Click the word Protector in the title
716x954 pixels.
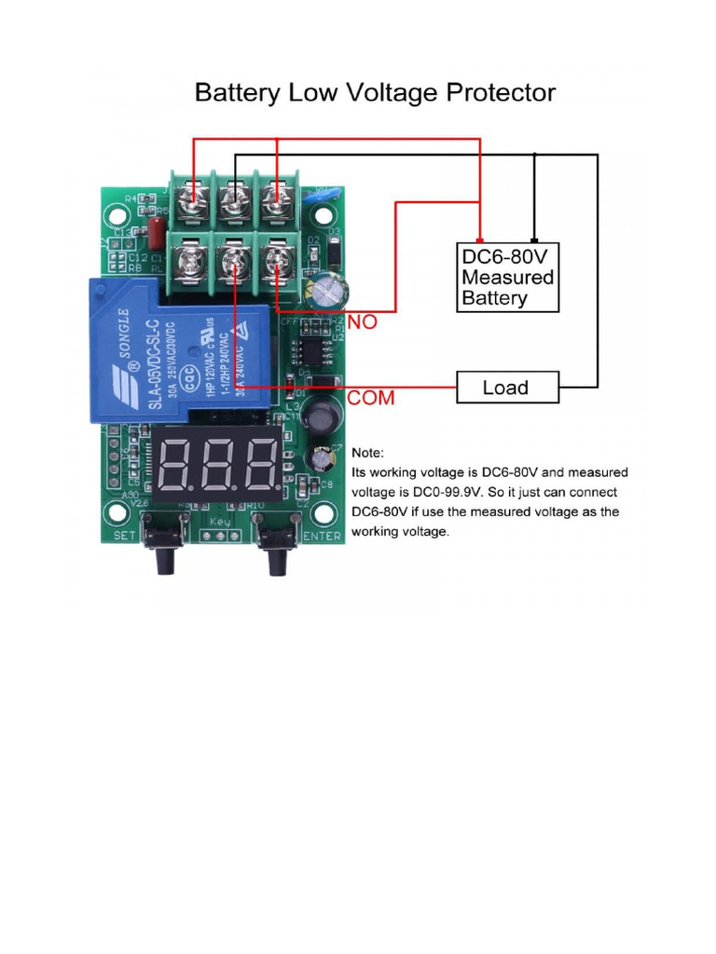point(489,93)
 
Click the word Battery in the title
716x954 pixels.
point(236,93)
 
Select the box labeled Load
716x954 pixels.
point(506,387)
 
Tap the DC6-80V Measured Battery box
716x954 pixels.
point(508,277)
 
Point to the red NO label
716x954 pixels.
point(363,322)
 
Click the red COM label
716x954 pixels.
point(371,398)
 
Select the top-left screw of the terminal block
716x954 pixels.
point(193,198)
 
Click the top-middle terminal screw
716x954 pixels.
point(235,198)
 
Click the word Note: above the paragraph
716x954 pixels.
point(367,454)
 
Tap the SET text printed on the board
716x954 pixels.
point(125,536)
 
